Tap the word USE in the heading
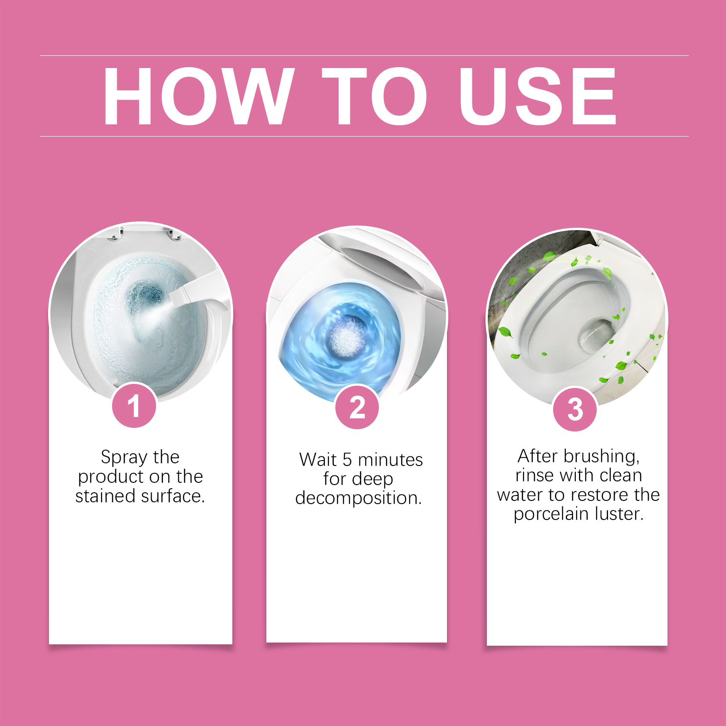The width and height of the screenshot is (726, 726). pyautogui.click(x=538, y=96)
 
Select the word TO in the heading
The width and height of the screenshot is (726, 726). pyautogui.click(x=375, y=96)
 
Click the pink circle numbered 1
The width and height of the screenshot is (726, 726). pyautogui.click(x=134, y=405)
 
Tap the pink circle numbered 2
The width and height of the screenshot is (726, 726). pyautogui.click(x=357, y=407)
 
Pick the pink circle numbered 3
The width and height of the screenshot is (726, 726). pyautogui.click(x=575, y=409)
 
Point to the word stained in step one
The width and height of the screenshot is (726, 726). pyautogui.click(x=105, y=496)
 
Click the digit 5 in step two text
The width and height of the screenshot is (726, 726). pyautogui.click(x=347, y=460)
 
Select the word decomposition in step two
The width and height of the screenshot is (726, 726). pyautogui.click(x=358, y=498)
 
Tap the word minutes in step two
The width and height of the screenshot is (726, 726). pyautogui.click(x=390, y=460)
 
